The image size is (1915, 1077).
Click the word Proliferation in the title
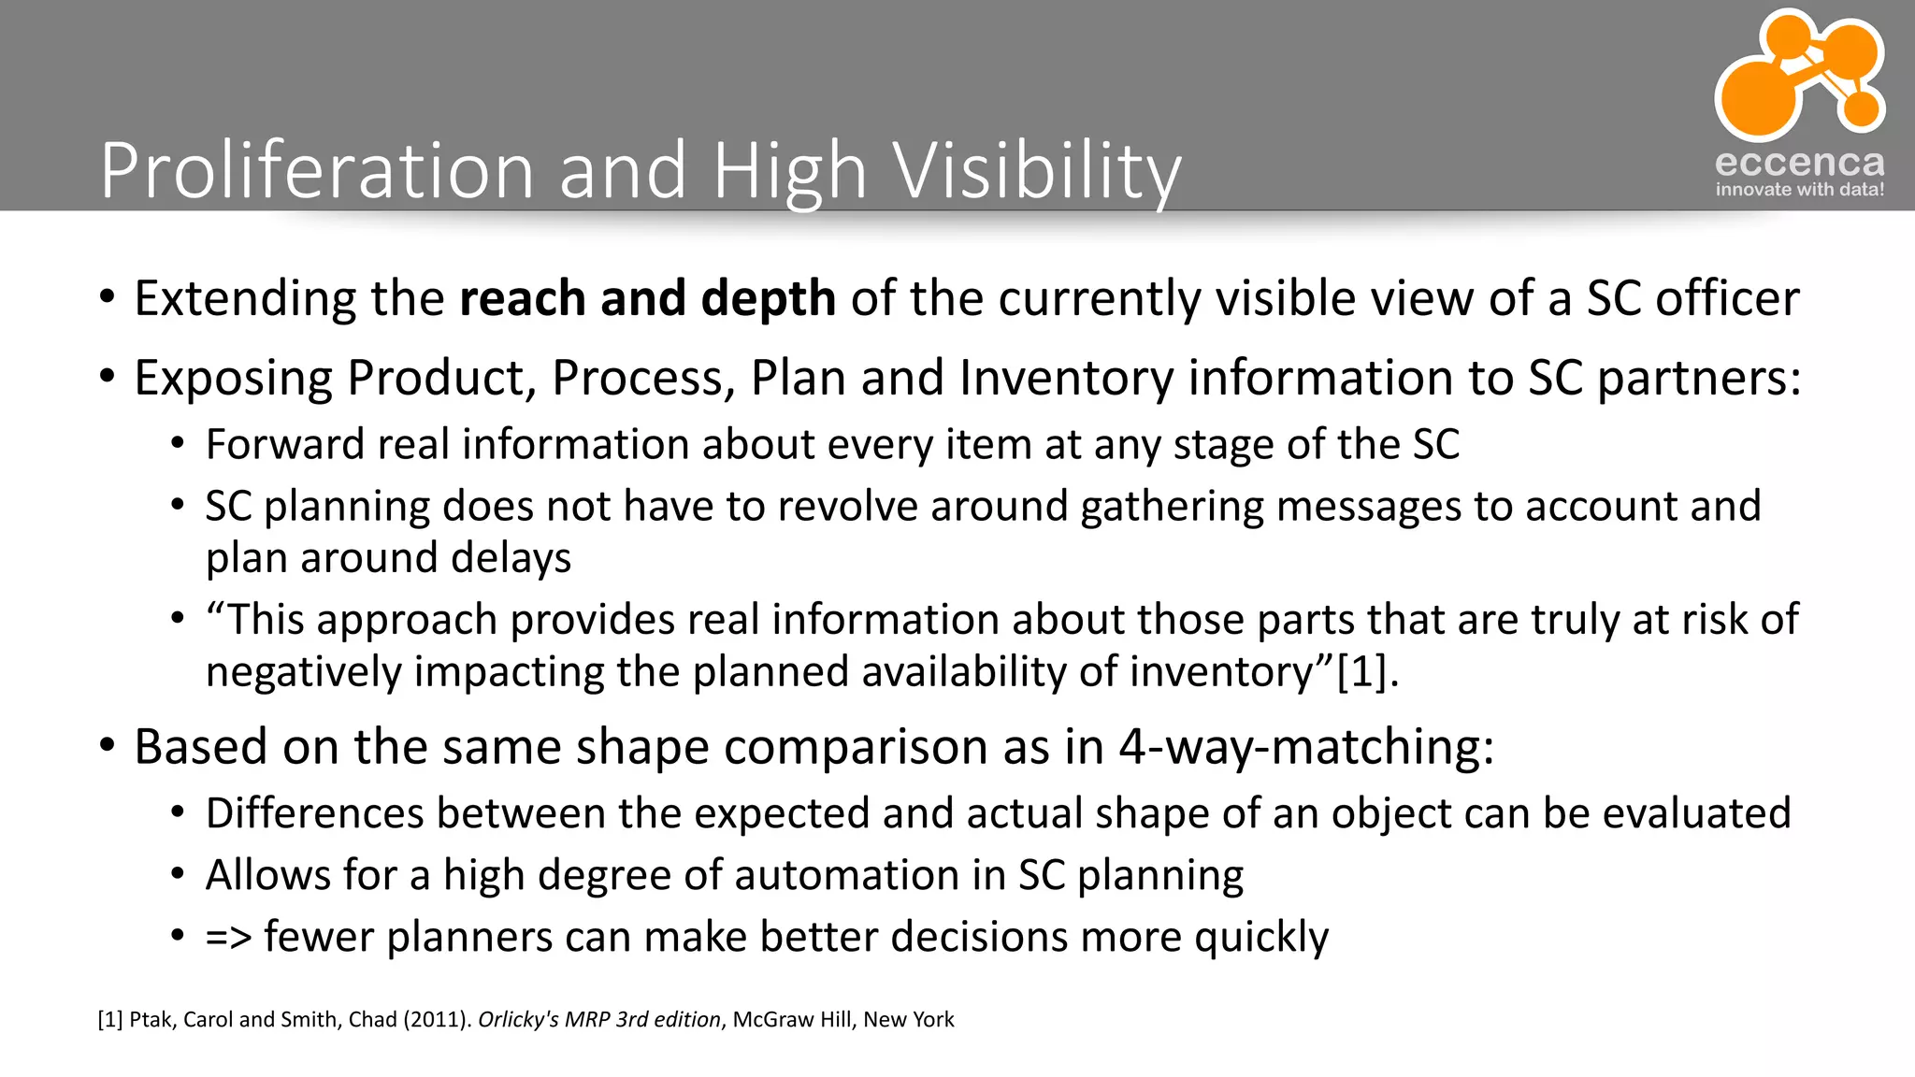pos(317,170)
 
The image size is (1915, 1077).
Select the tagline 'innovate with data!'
pos(1799,190)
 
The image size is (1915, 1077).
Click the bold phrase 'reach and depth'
pos(647,298)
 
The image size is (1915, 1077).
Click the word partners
pos(1696,379)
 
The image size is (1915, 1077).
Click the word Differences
pos(314,813)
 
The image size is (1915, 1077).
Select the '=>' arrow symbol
pos(229,938)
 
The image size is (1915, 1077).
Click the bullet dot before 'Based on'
pos(108,747)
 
